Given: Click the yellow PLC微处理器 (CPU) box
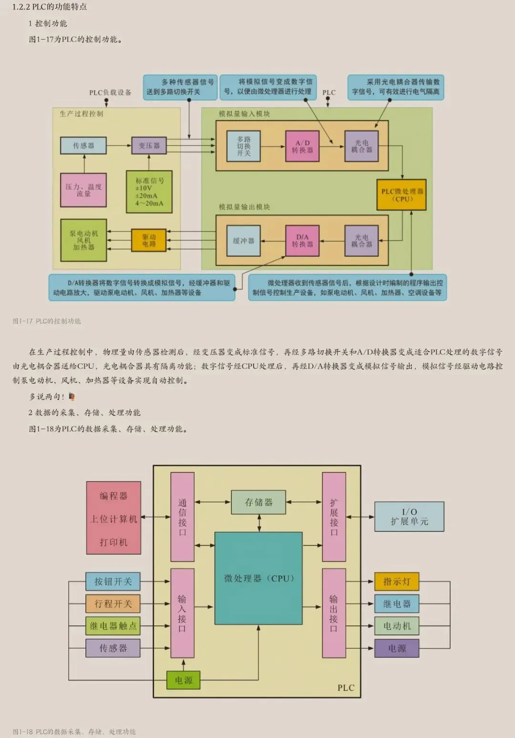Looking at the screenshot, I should pos(401,195).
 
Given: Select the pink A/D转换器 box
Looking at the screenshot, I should pos(302,146).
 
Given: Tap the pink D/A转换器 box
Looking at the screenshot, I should pos(302,241).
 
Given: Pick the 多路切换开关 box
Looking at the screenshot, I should pos(244,146).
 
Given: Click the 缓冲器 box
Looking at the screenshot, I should pos(244,241).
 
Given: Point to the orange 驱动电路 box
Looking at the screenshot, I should pos(149,240).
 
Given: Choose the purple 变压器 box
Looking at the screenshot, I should pos(149,146).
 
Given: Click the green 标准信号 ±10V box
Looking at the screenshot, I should pos(149,192).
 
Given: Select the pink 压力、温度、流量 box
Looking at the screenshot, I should pos(83,190).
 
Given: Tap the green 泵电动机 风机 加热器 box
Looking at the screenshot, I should pos(83,240).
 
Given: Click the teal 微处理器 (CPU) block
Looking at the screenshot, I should pos(258,578).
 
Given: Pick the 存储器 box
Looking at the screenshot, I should pos(258,502).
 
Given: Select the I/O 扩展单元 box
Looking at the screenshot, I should pos(409,517).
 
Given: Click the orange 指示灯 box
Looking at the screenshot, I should pos(397,581).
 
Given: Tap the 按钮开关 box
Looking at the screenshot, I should pos(113,581).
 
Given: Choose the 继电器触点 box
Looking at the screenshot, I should pos(113,626).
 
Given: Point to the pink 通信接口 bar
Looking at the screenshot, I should pos(182,517).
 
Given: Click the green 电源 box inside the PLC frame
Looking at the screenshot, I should pos(183,680).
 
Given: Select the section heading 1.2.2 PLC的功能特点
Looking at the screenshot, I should pos(50,7).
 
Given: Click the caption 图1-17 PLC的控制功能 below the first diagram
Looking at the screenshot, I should pos(47,321).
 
